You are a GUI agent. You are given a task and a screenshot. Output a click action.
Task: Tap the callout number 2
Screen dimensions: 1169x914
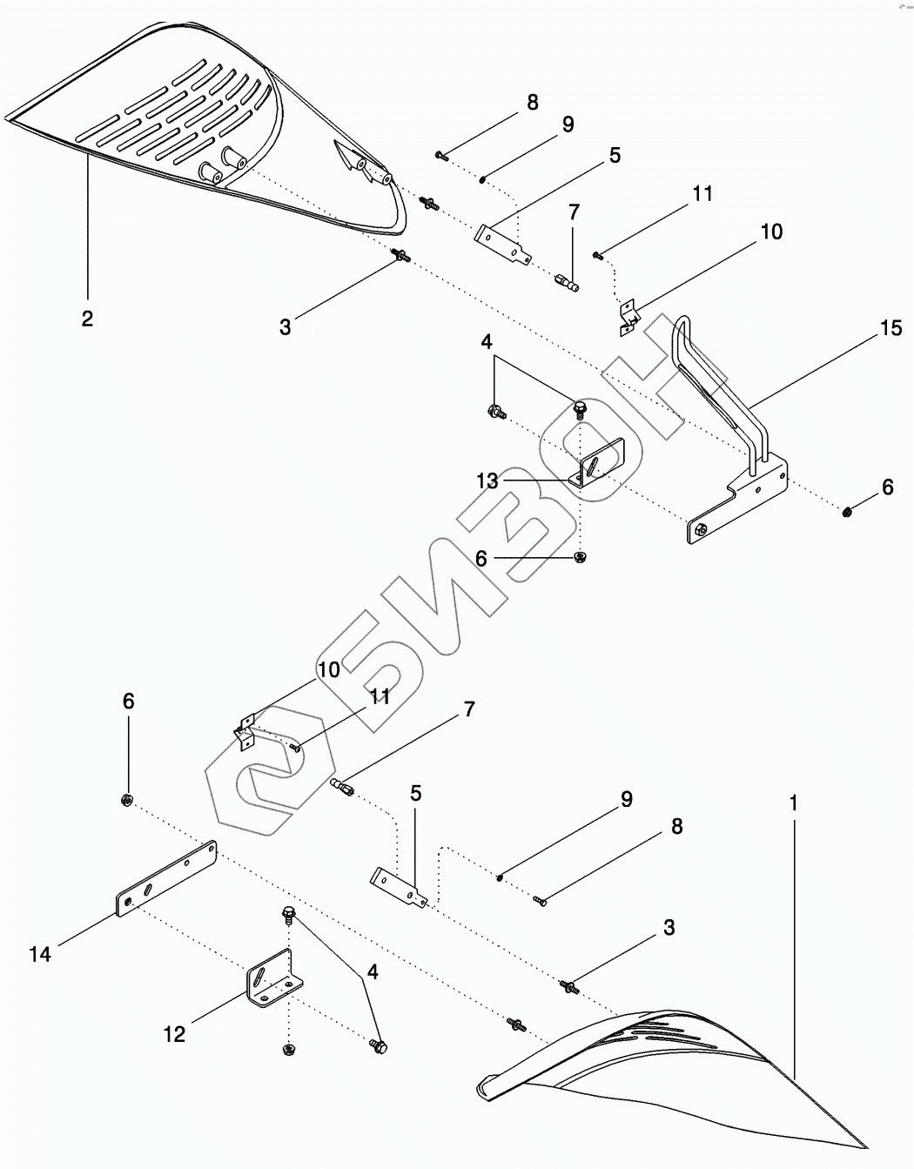tap(87, 319)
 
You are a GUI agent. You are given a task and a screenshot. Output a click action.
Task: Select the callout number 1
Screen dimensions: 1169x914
tap(793, 805)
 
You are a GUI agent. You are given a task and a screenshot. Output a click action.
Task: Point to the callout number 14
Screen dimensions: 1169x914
tap(40, 954)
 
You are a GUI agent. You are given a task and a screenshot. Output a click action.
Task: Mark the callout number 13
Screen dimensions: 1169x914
tap(487, 480)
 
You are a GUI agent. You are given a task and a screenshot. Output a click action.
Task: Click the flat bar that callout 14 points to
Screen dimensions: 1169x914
tap(165, 878)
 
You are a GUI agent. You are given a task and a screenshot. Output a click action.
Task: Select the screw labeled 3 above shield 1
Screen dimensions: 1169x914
tap(569, 986)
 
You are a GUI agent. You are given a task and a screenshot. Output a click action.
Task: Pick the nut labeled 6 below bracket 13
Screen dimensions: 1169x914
tap(581, 555)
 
